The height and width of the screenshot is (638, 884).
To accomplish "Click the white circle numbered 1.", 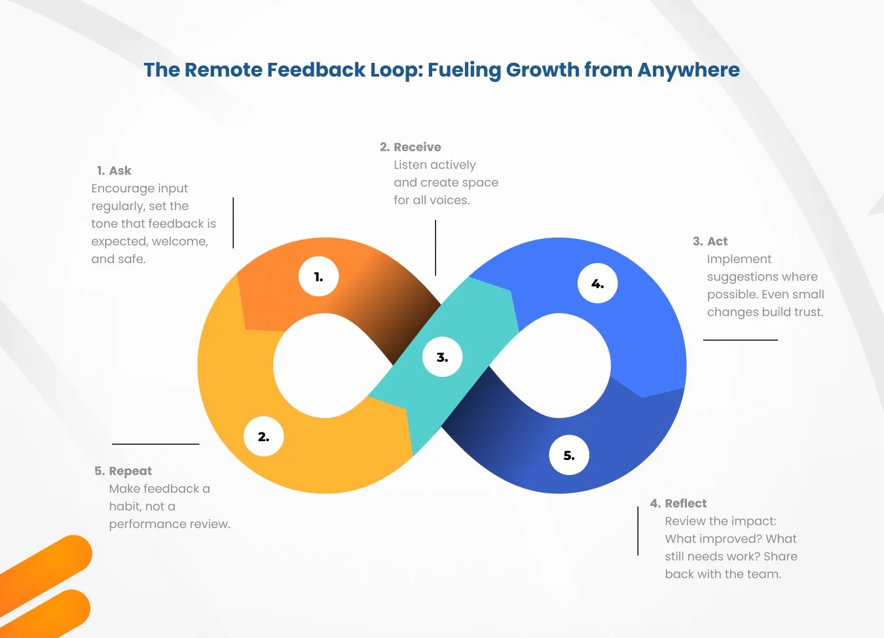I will (318, 277).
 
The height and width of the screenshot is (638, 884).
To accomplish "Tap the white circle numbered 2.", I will (263, 436).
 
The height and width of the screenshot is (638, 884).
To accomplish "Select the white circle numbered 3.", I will (443, 357).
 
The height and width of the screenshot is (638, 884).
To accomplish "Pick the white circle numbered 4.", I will (597, 283).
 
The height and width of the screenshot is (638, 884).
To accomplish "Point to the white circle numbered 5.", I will (569, 455).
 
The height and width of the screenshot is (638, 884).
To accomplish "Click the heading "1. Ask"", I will (114, 171).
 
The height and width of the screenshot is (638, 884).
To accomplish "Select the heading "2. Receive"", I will (411, 147).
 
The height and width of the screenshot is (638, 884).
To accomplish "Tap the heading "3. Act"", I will (710, 241).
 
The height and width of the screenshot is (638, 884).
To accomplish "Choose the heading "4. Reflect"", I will (678, 503).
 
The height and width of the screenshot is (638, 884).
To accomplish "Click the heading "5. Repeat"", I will (123, 471).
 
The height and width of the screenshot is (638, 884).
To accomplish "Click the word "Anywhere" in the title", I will (688, 70).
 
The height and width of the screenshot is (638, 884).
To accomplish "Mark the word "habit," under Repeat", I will (125, 506).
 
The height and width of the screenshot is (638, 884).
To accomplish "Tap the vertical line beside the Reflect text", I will (638, 531).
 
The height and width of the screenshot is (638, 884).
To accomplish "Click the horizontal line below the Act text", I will (741, 340).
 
